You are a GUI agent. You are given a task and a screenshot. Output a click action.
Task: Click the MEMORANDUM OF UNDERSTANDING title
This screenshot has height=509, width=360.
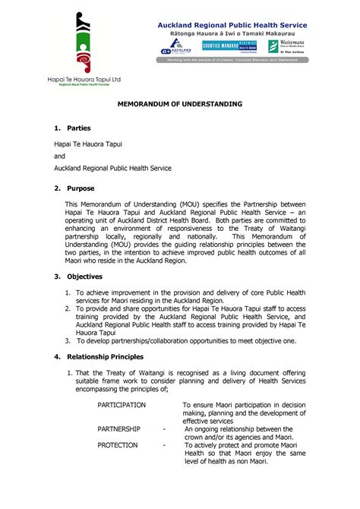[179, 103]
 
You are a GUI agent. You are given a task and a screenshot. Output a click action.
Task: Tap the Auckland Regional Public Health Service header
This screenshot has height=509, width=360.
[232, 25]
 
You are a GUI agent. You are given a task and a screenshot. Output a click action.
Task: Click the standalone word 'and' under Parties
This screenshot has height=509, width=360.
[59, 156]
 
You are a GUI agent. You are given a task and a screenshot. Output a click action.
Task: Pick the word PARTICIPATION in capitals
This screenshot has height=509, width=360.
[122, 405]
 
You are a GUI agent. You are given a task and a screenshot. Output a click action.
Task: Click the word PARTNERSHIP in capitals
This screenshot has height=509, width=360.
[118, 429]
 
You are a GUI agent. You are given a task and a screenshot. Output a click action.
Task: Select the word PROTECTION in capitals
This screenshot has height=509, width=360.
[118, 445]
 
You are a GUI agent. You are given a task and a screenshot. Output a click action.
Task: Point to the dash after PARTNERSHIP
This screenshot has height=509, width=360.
[165, 429]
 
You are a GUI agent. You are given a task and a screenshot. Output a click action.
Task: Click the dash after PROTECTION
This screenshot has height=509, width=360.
[165, 445]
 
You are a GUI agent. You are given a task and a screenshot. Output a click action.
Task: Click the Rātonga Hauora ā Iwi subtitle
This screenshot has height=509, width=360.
[232, 35]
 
